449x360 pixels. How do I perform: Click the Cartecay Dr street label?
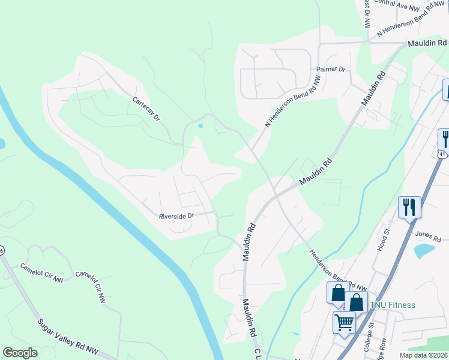coord(146,109)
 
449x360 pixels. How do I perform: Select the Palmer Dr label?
coord(331,70)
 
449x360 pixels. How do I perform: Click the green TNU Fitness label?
coord(392,305)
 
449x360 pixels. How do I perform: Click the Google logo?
coord(20,352)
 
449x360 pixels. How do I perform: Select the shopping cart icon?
coord(345,323)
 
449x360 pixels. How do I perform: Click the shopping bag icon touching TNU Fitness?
coord(356,302)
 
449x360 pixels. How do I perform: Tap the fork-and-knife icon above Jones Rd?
coord(409,208)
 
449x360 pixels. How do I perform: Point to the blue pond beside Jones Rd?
coord(426,250)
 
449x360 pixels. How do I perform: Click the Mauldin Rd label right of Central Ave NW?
coord(427,43)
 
